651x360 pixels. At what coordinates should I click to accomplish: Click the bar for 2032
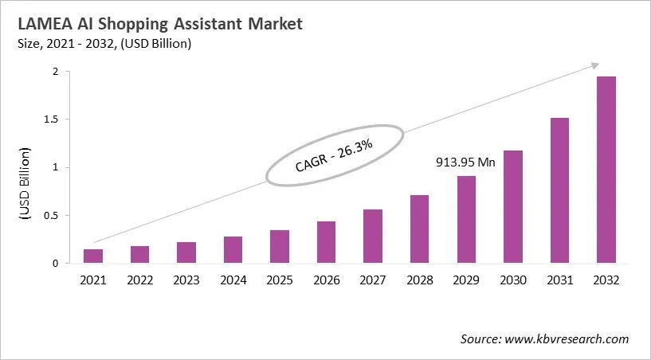606,170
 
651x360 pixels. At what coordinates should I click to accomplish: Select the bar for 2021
93,256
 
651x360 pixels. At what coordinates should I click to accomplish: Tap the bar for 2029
466,219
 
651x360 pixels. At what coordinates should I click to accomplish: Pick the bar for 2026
326,242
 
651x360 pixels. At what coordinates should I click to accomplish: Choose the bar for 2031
559,190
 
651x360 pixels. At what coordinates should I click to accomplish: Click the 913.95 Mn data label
466,162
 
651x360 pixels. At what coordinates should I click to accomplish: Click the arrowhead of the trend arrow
596,65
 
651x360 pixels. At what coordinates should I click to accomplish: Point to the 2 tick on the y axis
55,72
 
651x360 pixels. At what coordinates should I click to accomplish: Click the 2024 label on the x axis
233,280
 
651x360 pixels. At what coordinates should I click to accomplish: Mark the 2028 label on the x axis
419,280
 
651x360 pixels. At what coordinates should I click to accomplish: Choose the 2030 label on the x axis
512,280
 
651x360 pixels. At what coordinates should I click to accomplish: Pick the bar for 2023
186,252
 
